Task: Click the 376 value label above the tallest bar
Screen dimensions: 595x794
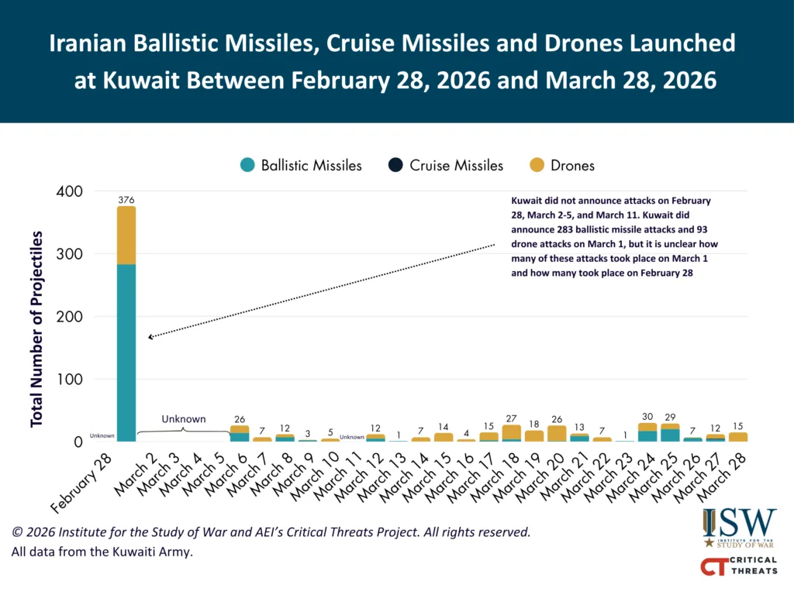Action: (126, 200)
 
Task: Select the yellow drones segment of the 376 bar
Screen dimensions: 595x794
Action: (126, 236)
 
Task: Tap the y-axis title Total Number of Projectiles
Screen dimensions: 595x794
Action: (36, 328)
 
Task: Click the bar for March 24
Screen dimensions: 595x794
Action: (647, 432)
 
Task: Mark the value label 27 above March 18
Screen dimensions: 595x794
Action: (512, 418)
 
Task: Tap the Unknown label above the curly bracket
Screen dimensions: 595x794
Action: (183, 419)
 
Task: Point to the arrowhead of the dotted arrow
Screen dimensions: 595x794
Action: (150, 338)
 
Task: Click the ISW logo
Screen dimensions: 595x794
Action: (739, 528)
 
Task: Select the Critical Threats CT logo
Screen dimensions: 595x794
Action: (739, 567)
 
